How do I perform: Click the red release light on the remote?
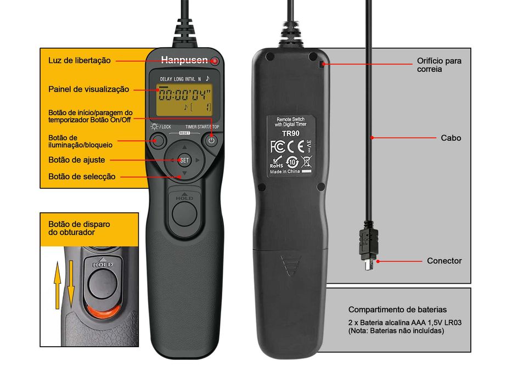click(215, 60)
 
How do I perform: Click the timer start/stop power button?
click(211, 141)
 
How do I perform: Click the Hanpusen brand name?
click(184, 60)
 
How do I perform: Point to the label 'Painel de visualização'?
click(89, 89)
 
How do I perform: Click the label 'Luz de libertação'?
click(80, 60)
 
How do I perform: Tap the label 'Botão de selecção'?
click(82, 177)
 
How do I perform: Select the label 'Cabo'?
click(451, 138)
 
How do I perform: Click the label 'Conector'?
click(444, 261)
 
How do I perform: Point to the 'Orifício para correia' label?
click(439, 65)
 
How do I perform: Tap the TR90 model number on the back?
click(290, 133)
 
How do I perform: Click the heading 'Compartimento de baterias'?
click(397, 309)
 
